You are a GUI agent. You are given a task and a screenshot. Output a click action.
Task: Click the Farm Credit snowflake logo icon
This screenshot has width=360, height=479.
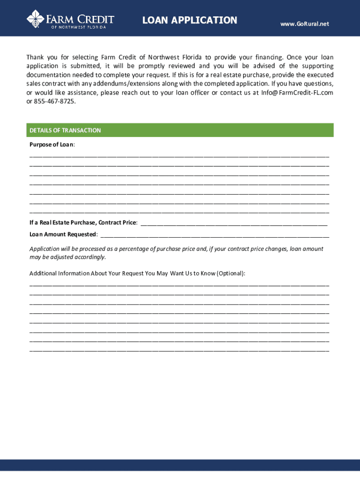(35, 19)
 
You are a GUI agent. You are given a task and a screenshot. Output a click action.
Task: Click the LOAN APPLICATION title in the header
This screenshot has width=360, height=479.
(190, 20)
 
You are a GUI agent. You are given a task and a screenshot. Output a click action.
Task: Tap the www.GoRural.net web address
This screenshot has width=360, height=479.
(304, 23)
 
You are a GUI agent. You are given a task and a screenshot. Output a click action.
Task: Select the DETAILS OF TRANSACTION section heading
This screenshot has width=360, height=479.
(65, 131)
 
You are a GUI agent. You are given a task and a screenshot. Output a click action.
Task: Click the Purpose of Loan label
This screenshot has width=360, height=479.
(52, 145)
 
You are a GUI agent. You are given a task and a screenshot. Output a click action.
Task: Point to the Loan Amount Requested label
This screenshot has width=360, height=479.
(63, 234)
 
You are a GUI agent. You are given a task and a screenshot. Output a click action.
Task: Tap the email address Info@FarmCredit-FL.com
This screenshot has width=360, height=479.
(297, 93)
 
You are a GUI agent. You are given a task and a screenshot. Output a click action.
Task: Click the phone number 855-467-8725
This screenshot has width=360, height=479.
(55, 101)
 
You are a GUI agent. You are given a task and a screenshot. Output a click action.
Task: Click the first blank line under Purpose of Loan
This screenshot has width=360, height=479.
(179, 155)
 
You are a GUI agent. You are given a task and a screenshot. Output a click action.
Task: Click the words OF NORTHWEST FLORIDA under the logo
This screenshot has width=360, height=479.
(79, 27)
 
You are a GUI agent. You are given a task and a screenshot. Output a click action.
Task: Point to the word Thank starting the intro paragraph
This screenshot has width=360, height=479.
(35, 58)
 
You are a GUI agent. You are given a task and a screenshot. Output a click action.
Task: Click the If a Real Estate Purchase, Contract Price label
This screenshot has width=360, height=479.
(83, 223)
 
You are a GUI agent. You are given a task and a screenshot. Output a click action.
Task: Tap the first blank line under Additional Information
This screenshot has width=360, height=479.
(179, 284)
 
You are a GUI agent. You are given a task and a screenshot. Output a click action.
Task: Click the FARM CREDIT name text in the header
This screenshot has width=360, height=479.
(79, 19)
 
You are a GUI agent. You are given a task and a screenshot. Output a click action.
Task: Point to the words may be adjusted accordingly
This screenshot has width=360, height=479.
(67, 257)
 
